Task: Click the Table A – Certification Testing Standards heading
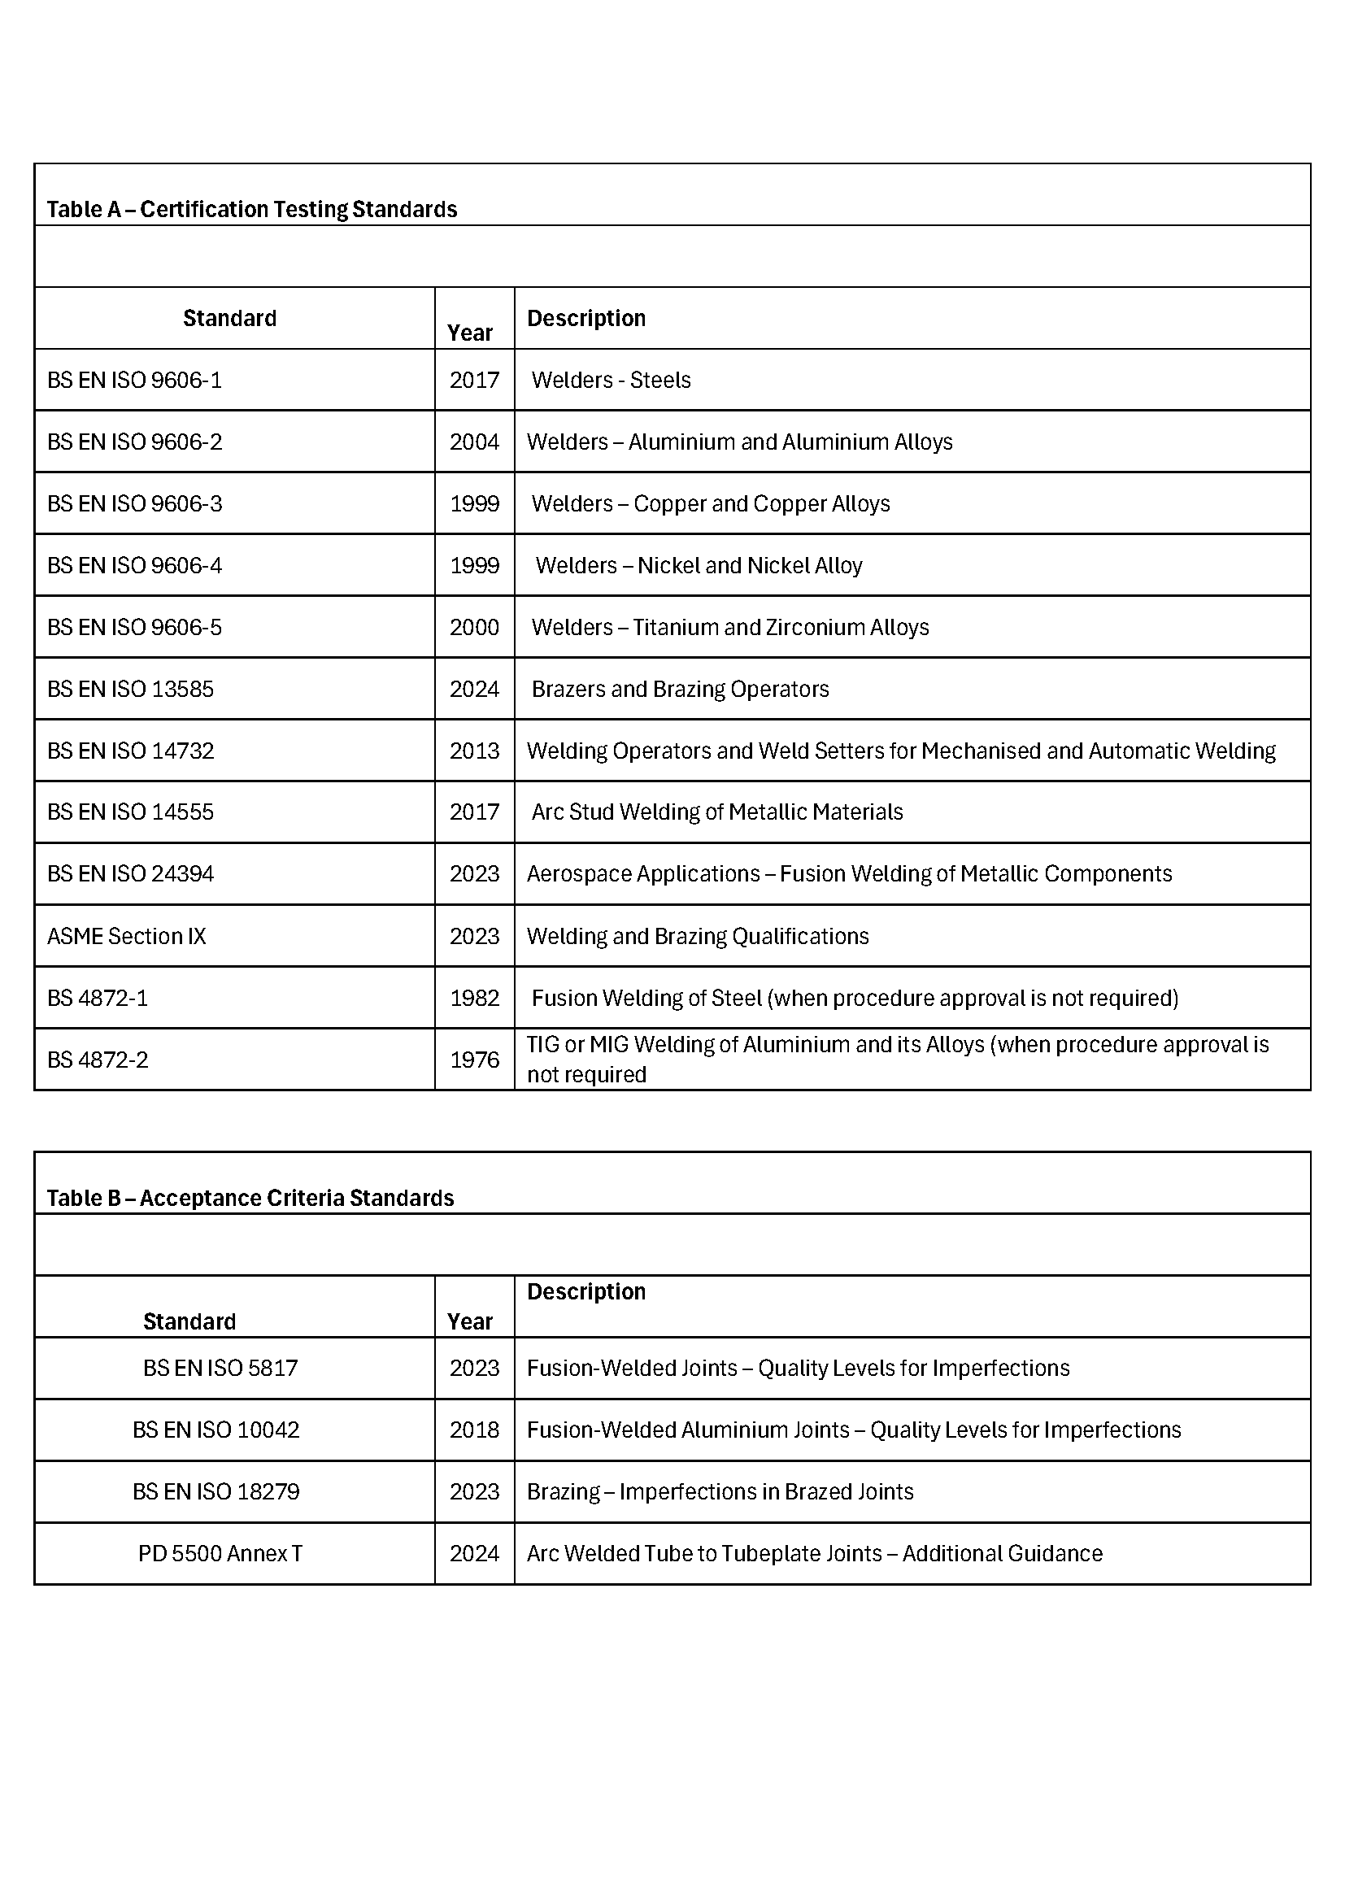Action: click(x=252, y=209)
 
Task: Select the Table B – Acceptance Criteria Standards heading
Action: click(x=250, y=1198)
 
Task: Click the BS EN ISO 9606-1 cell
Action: click(x=135, y=381)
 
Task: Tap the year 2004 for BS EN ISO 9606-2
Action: click(x=475, y=442)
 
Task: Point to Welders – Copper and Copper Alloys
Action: click(x=711, y=503)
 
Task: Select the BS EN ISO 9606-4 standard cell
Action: click(x=135, y=565)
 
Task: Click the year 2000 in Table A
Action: click(x=475, y=627)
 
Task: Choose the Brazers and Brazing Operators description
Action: click(x=680, y=690)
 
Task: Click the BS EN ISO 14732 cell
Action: click(x=131, y=751)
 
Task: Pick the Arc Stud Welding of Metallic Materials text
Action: click(x=717, y=812)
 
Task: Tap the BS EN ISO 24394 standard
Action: click(x=131, y=874)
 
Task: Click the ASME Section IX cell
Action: click(x=127, y=936)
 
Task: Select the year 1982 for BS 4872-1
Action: click(x=475, y=998)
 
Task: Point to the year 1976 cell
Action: click(x=475, y=1060)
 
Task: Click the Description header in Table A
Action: click(x=586, y=318)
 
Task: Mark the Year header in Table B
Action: click(x=469, y=1321)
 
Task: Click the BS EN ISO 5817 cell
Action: click(x=220, y=1368)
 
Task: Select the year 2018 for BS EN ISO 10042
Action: click(x=475, y=1430)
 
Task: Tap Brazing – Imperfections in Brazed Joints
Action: click(x=720, y=1491)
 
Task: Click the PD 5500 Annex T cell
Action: click(x=220, y=1553)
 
